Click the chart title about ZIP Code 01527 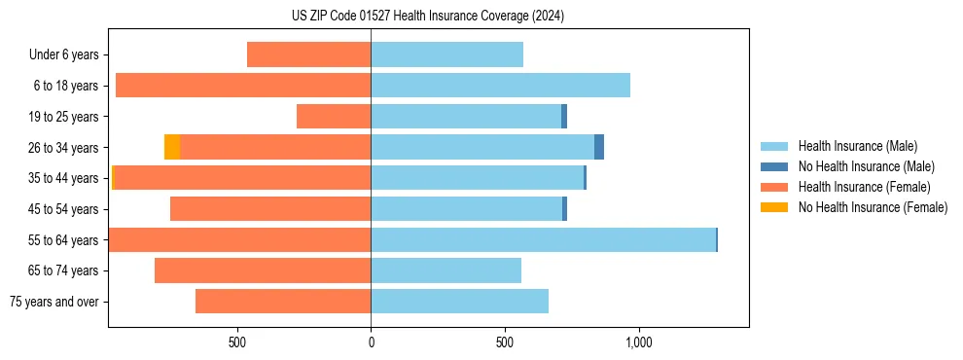(427, 16)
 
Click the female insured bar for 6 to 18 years (243, 86)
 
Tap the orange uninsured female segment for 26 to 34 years (172, 147)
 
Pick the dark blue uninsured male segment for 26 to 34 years (599, 147)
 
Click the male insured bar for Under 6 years (446, 54)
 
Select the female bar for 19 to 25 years (334, 117)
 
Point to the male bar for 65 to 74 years (446, 270)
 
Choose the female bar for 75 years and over (283, 302)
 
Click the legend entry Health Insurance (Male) (857, 146)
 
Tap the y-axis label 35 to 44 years (64, 178)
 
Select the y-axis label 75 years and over (54, 302)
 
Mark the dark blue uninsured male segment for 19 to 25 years (564, 117)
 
